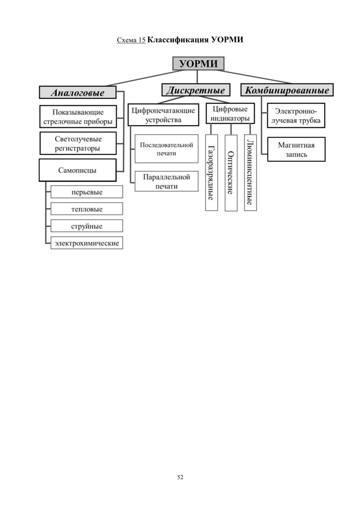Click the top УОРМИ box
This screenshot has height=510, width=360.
tap(198, 63)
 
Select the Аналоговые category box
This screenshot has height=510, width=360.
tap(78, 92)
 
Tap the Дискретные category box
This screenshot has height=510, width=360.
tap(196, 90)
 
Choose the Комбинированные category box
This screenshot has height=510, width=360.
tap(287, 90)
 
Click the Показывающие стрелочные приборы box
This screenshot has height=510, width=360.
tap(78, 116)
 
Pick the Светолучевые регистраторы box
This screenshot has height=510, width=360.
tap(78, 143)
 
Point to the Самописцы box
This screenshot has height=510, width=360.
tap(78, 170)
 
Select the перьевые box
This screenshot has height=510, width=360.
tap(87, 192)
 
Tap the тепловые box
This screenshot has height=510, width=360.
tap(87, 209)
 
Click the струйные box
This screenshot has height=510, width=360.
tap(87, 226)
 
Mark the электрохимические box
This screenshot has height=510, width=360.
tap(87, 243)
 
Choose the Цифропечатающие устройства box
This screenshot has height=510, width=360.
tap(163, 115)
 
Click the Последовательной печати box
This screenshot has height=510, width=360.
tap(166, 149)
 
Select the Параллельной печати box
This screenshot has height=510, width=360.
tap(166, 181)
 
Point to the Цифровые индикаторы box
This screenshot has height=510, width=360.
tap(230, 114)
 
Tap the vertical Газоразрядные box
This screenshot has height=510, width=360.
tap(211, 173)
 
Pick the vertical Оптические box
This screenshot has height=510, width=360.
tap(231, 173)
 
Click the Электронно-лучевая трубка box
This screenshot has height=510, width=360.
tap(296, 115)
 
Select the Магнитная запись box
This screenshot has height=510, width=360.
tap(296, 149)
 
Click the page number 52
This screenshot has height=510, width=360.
tap(180, 477)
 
